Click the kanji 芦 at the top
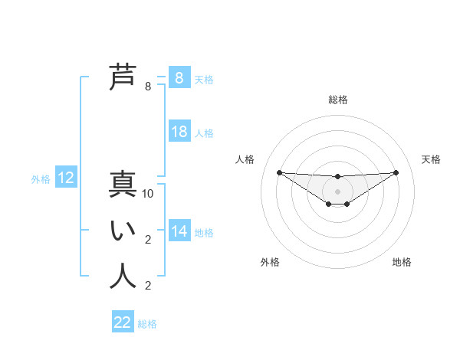point(123,77)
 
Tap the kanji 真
point(123,186)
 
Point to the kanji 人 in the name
point(123,277)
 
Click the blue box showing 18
point(179,132)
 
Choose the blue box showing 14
point(179,231)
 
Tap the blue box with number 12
point(66,178)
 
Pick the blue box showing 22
point(123,322)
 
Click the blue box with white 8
point(179,77)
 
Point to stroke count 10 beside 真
point(149,195)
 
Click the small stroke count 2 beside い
point(148,240)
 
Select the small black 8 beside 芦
point(148,87)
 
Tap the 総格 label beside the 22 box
point(147,324)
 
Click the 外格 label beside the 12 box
point(41,179)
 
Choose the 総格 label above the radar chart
point(337,100)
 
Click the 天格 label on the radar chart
point(431,159)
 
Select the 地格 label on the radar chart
point(402,262)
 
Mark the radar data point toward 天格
point(396,172)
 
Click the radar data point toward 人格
point(279,172)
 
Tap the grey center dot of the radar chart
point(337,191)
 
